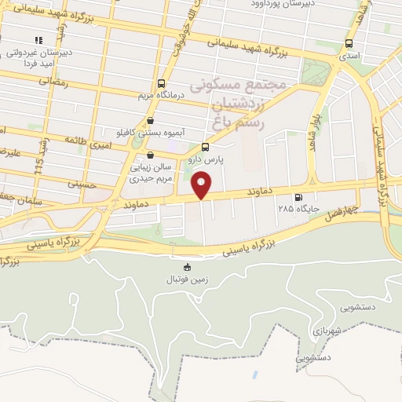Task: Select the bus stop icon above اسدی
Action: pyautogui.click(x=349, y=44)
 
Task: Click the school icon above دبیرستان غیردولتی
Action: pyautogui.click(x=38, y=40)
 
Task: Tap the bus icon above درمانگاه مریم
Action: pyautogui.click(x=161, y=84)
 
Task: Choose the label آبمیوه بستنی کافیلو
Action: pyautogui.click(x=149, y=133)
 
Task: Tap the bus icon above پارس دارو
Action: pyautogui.click(x=206, y=147)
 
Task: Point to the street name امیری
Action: pyautogui.click(x=104, y=146)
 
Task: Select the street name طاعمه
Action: pyautogui.click(x=75, y=139)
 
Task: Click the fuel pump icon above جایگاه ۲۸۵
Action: pyautogui.click(x=298, y=197)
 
